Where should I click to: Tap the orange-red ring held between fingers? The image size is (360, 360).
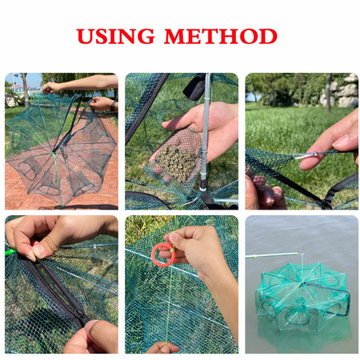click(x=162, y=254)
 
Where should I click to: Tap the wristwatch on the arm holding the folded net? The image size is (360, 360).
click(x=111, y=105)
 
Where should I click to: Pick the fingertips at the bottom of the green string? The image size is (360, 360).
click(x=164, y=346)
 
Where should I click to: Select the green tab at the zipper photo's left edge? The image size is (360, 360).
click(x=10, y=253)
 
